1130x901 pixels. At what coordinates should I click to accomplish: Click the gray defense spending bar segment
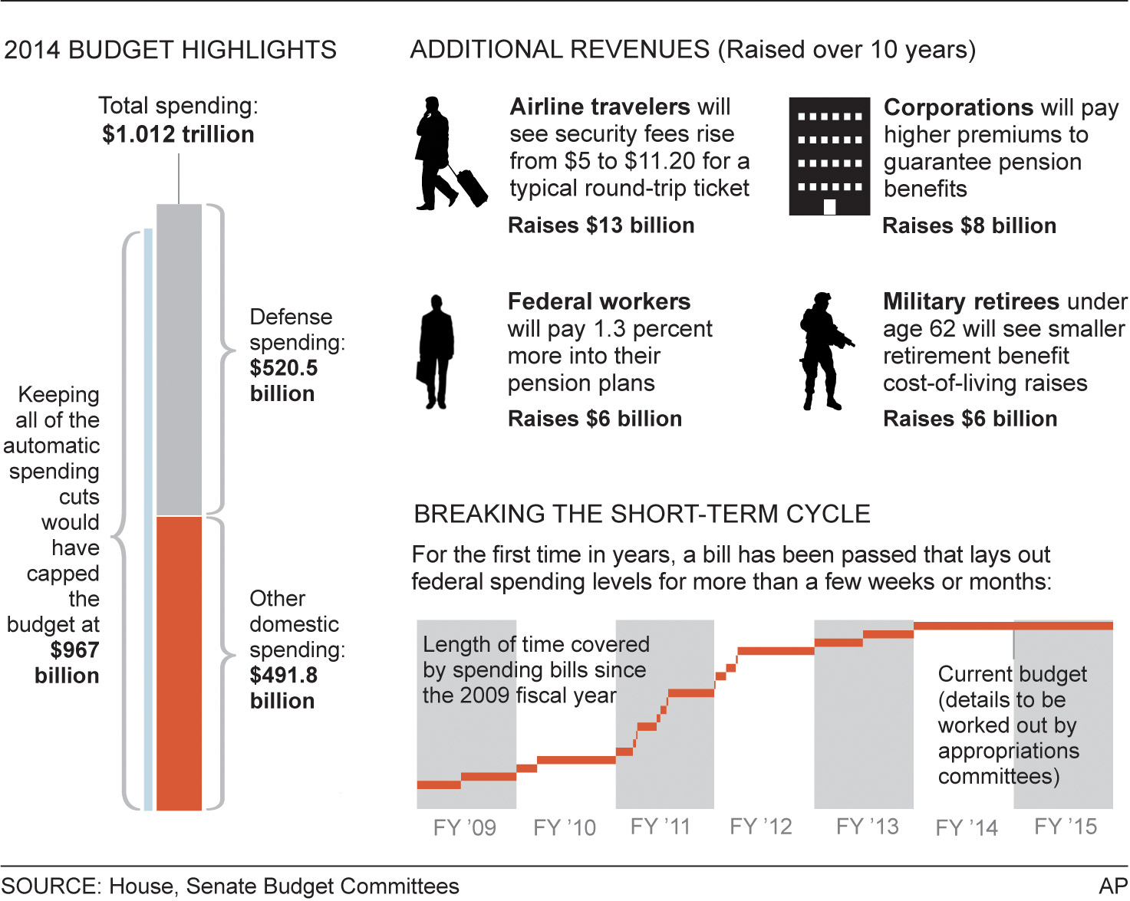tap(179, 359)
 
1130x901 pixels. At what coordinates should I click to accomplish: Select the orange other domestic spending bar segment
tap(179, 663)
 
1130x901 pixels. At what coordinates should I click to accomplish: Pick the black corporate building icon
tap(829, 156)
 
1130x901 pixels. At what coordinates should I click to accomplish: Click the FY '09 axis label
tap(464, 828)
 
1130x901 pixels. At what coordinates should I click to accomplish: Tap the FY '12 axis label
tap(760, 827)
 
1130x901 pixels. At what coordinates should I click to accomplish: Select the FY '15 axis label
tap(1066, 827)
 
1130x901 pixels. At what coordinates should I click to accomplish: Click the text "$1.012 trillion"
tap(178, 135)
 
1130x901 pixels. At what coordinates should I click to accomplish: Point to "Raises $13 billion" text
tap(601, 225)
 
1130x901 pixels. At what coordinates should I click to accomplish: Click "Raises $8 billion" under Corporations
tap(970, 226)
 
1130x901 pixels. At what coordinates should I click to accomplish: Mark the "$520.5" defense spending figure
tap(283, 368)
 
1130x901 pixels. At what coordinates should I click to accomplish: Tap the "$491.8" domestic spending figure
tap(283, 676)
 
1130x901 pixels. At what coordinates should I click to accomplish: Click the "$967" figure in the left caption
tap(74, 650)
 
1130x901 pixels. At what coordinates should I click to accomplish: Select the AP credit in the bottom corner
tap(1113, 886)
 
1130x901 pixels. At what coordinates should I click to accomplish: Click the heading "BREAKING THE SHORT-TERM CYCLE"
tap(642, 514)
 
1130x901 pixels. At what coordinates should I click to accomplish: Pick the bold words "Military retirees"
tap(972, 301)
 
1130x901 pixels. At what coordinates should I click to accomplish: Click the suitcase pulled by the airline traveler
tap(473, 187)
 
